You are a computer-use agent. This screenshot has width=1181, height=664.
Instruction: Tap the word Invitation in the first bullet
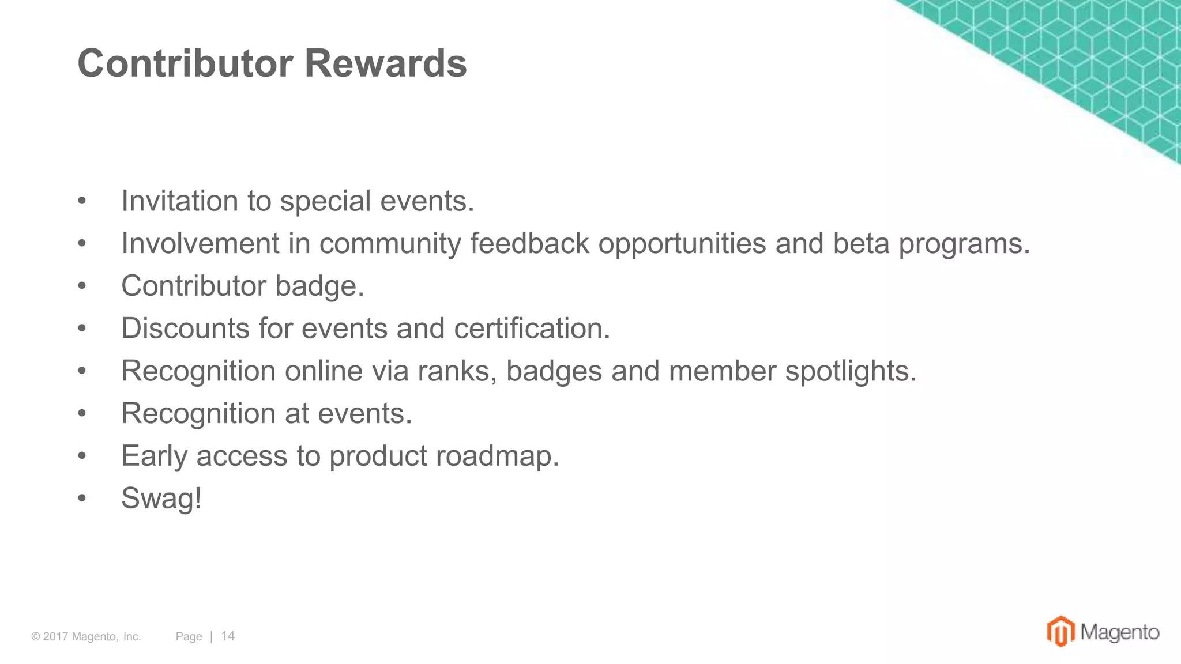[179, 201]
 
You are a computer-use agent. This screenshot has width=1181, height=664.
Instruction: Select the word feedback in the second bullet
[529, 243]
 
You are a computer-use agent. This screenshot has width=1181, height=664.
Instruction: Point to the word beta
[861, 243]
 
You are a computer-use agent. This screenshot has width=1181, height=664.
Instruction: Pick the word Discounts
[185, 329]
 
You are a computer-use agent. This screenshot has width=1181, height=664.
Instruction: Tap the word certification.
[532, 329]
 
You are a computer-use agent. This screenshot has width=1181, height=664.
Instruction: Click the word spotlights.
[851, 371]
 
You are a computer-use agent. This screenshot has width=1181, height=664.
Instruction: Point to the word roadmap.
[497, 456]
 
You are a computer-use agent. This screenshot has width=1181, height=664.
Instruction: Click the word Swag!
[161, 498]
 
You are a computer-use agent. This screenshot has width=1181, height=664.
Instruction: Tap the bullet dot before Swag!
[82, 498]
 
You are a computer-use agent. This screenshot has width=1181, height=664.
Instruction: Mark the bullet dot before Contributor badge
[82, 286]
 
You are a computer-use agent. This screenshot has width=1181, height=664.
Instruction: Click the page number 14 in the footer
[228, 636]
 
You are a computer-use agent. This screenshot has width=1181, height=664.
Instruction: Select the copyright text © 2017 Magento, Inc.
[86, 636]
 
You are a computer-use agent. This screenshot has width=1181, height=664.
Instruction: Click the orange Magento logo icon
[1060, 631]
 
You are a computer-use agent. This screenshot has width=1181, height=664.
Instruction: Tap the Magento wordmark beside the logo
[1119, 632]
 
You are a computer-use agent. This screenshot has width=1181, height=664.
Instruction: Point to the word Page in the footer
[189, 636]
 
